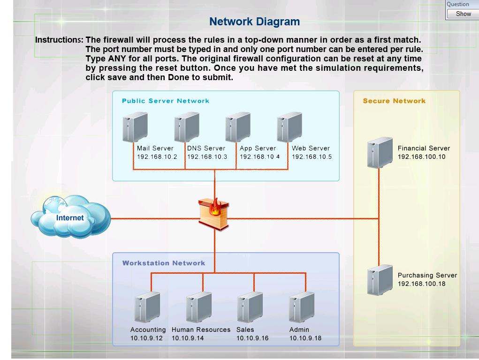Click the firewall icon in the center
point(215,214)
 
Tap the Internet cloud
point(70,217)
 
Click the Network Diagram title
point(254,22)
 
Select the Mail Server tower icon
point(135,127)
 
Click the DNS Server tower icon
point(187,127)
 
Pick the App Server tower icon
point(238,127)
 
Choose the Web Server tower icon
point(289,127)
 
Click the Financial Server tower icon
point(380,152)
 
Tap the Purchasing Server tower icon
point(380,280)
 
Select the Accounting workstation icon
point(147,307)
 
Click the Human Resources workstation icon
point(199,307)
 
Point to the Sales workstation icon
point(250,307)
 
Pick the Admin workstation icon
point(302,307)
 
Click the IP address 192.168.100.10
point(421,157)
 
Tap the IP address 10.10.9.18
point(305,338)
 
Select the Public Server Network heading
point(166,101)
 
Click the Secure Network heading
point(394,101)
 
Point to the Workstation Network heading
point(164,263)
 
